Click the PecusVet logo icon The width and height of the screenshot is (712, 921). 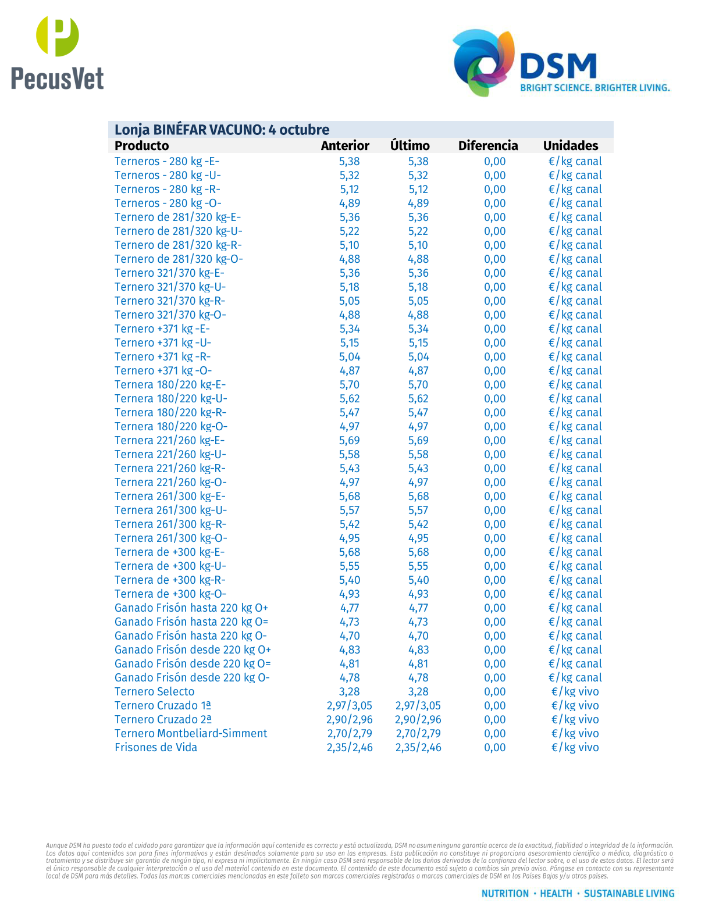click(x=58, y=36)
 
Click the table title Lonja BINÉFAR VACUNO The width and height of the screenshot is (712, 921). click(x=222, y=130)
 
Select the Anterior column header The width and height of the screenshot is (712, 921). click(x=345, y=146)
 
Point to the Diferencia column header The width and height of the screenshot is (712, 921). click(x=487, y=146)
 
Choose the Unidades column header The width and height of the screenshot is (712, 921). click(x=570, y=146)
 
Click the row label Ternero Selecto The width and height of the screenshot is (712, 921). click(x=154, y=692)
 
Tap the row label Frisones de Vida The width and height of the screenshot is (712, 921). click(x=155, y=748)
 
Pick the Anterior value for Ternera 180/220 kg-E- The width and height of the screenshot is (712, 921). click(x=349, y=385)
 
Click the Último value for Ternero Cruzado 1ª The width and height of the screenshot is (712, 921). click(x=418, y=706)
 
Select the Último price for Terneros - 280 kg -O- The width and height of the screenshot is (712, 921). click(x=418, y=204)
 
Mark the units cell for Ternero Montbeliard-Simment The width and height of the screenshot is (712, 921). click(x=575, y=734)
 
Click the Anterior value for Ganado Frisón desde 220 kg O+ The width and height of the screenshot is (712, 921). click(x=349, y=650)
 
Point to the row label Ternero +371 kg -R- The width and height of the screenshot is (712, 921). click(x=162, y=357)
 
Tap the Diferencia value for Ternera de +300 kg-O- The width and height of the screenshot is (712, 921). click(x=494, y=594)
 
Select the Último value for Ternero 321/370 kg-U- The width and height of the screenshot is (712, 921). click(x=418, y=287)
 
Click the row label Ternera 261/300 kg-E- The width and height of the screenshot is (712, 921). click(x=170, y=497)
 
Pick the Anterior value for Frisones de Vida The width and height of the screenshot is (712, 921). click(x=349, y=748)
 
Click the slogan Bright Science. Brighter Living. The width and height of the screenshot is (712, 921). click(x=594, y=88)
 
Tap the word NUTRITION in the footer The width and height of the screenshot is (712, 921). click(x=505, y=894)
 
